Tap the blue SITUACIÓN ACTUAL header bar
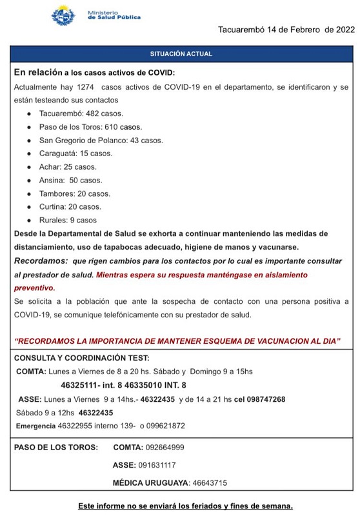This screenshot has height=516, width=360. (x=181, y=54)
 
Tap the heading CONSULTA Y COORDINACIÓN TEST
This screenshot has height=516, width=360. (x=81, y=357)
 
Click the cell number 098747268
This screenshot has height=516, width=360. (x=261, y=399)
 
